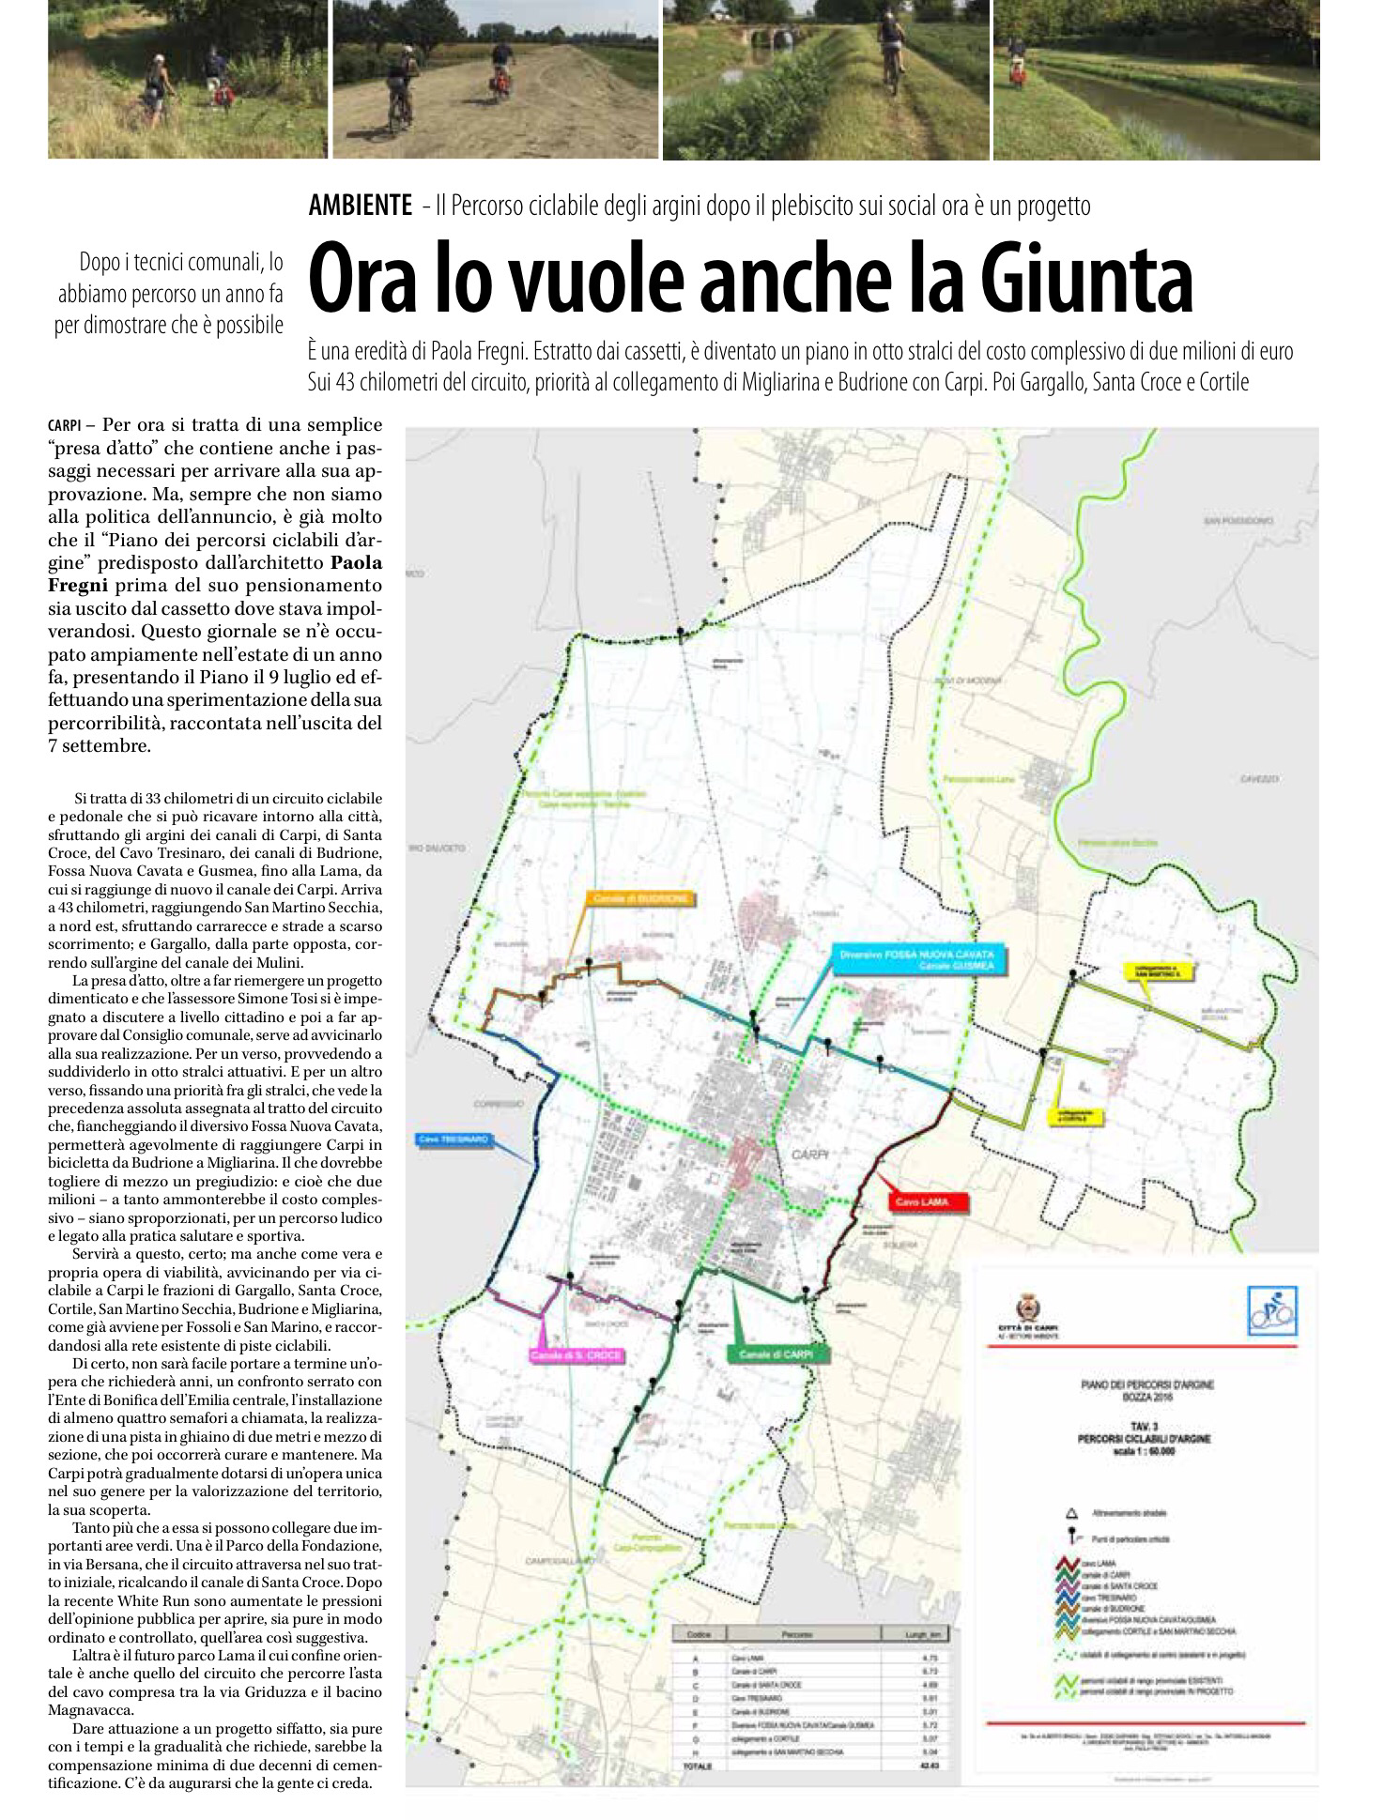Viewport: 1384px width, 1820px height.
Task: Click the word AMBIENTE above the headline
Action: (x=360, y=206)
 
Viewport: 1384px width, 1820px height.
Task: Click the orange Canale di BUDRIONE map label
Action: (x=642, y=898)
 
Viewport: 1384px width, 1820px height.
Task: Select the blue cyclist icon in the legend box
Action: (x=1272, y=1310)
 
